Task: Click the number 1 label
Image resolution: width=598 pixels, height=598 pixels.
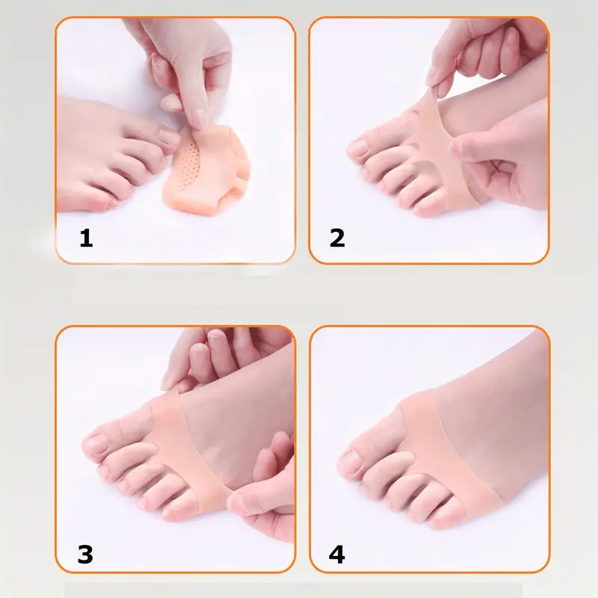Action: [x=87, y=238]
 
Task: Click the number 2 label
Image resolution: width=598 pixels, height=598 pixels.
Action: [x=337, y=238]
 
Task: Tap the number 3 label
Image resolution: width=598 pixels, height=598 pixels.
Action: [x=85, y=554]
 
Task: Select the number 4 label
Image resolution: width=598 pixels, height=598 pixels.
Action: [x=337, y=554]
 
